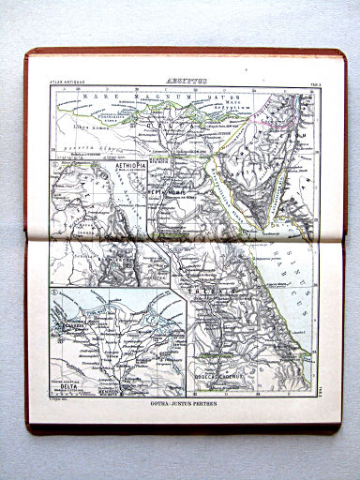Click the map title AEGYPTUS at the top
pyautogui.click(x=182, y=82)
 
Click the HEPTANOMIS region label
pyautogui.click(x=167, y=188)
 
